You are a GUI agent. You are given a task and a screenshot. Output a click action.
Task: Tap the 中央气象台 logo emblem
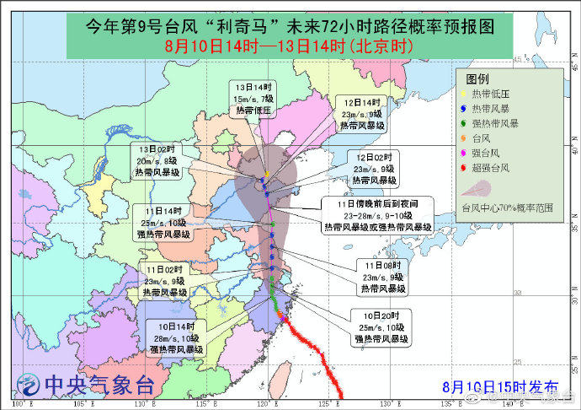click(29, 386)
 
